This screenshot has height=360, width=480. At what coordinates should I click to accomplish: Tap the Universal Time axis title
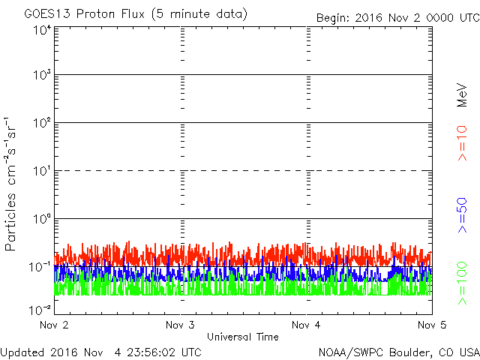242,337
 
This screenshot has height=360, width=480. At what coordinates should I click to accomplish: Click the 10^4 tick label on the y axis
41,30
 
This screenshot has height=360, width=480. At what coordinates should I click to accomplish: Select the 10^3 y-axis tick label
41,76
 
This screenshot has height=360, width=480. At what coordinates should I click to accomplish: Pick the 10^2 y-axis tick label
41,124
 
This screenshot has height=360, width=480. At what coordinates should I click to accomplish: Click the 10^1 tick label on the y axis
41,172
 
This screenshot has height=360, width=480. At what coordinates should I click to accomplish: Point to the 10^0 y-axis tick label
41,219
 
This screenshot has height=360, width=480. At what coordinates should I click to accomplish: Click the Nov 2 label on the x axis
54,325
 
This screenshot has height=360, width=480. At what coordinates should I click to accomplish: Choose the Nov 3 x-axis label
180,325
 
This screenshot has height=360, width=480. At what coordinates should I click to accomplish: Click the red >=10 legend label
463,143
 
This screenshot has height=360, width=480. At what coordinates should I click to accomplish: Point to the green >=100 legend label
463,283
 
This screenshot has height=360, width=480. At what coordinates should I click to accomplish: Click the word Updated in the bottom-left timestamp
22,352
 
